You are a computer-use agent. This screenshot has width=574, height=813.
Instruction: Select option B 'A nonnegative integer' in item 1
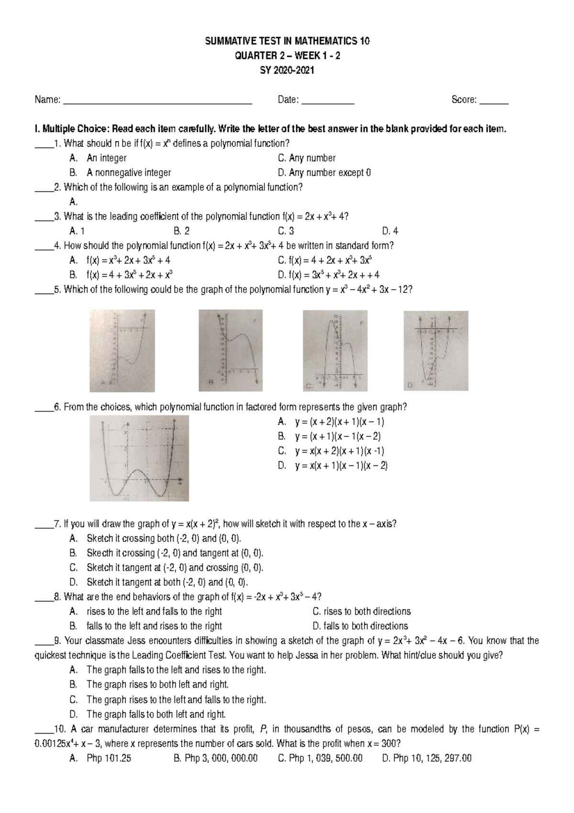coord(128,172)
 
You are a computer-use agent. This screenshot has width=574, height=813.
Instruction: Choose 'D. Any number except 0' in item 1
coord(324,172)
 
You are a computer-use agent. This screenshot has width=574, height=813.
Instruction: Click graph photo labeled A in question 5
coord(122,350)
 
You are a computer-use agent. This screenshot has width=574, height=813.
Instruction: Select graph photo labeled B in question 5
coord(231,350)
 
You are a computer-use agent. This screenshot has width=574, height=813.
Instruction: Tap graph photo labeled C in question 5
coord(335,350)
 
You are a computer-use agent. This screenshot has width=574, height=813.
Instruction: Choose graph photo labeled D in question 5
coord(436,350)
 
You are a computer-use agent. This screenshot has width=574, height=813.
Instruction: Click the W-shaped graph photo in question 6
coord(139,458)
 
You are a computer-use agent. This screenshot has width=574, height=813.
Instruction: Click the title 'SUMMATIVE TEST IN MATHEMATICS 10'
coord(287,41)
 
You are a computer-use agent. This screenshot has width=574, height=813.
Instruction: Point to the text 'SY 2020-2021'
coord(287,70)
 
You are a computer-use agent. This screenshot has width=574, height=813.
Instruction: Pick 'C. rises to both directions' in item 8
coord(362,611)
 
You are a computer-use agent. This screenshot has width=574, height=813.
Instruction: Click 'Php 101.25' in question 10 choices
coord(109,758)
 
